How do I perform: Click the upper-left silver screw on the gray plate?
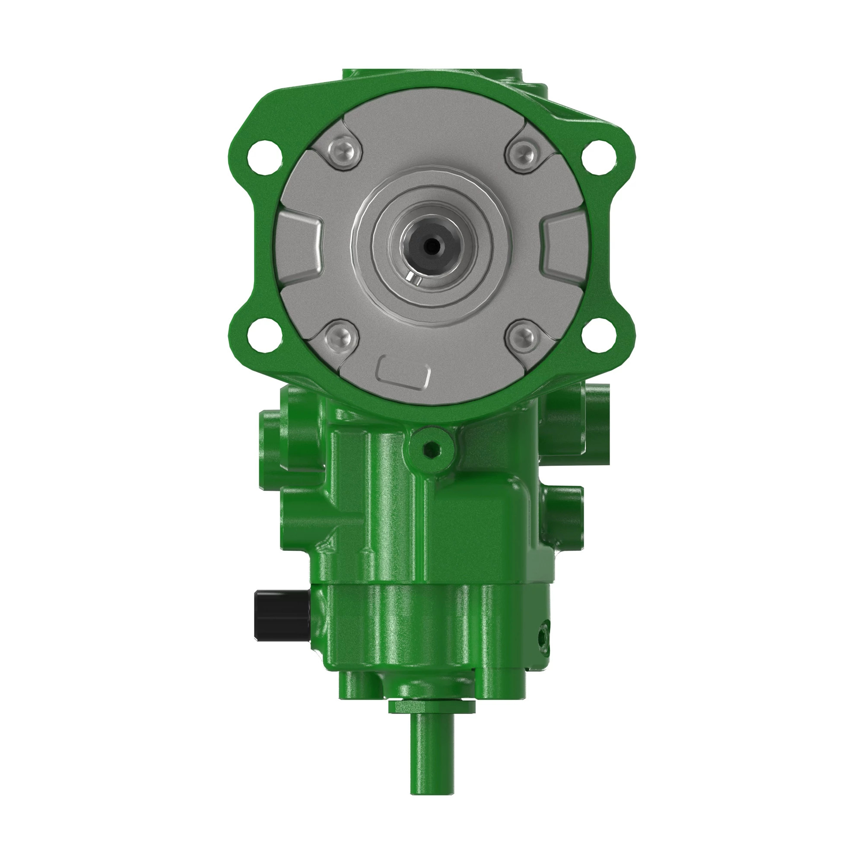pyautogui.click(x=342, y=152)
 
